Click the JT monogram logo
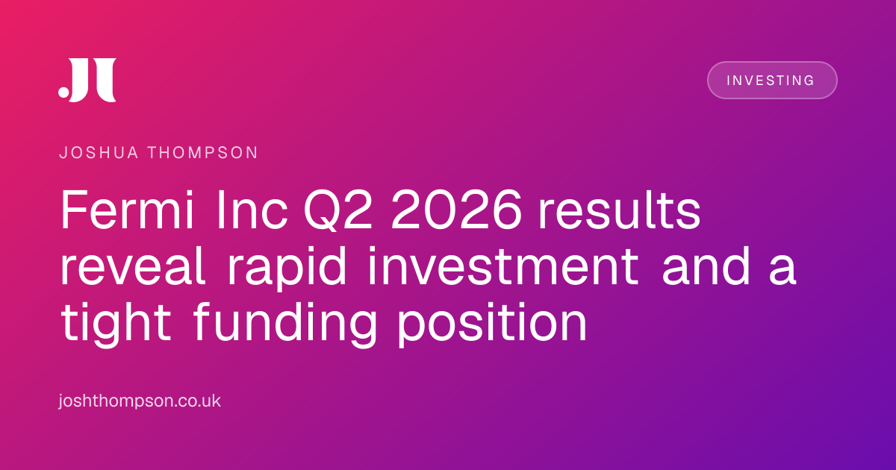click(x=87, y=80)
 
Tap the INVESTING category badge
click(x=772, y=81)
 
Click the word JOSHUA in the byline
click(x=99, y=153)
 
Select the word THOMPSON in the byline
click(x=203, y=153)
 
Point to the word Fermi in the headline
click(x=127, y=210)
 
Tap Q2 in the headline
click(x=338, y=210)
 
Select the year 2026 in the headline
click(x=456, y=210)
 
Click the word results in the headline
click(x=620, y=210)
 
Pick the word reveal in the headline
click(x=133, y=266)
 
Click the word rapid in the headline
click(x=287, y=269)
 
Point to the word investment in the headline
click(x=503, y=266)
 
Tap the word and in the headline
click(x=706, y=266)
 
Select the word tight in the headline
click(x=116, y=325)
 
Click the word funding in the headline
click(x=285, y=325)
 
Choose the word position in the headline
click(x=492, y=325)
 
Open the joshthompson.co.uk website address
click(x=140, y=401)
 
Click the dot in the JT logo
click(x=63, y=92)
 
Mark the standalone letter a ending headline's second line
click(x=783, y=271)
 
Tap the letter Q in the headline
click(x=321, y=210)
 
